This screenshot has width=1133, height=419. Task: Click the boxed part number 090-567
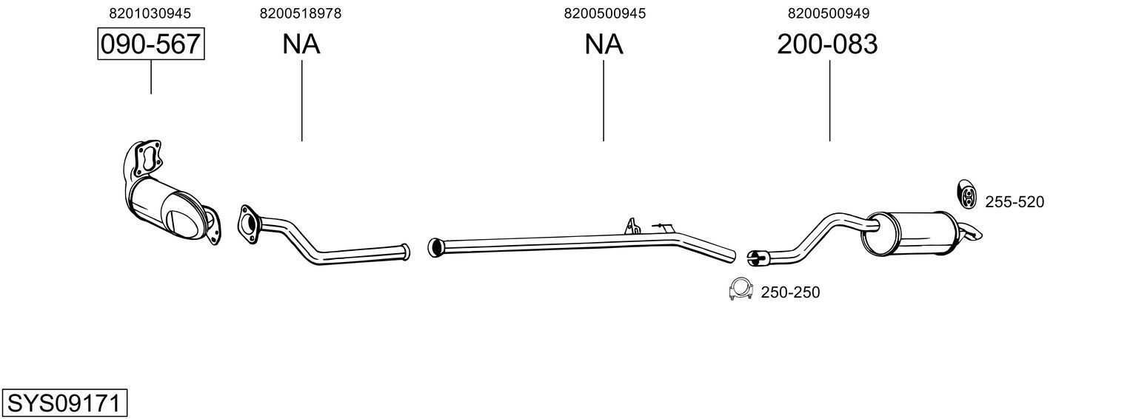151,44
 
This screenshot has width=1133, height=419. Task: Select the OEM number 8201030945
150,13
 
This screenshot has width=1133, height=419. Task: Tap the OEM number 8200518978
301,13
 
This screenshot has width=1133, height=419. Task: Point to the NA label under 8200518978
301,44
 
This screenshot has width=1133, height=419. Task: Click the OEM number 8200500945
604,13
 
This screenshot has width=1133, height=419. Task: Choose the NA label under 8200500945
604,44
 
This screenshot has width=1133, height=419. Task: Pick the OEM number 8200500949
829,13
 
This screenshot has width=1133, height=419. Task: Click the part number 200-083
827,44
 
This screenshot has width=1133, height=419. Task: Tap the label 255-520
1014,201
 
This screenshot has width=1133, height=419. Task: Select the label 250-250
790,292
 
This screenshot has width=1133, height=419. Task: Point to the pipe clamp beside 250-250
740,290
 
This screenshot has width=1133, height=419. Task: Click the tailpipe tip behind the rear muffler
972,232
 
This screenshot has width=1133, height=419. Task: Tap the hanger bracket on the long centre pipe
632,225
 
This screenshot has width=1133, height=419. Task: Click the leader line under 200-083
829,100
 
